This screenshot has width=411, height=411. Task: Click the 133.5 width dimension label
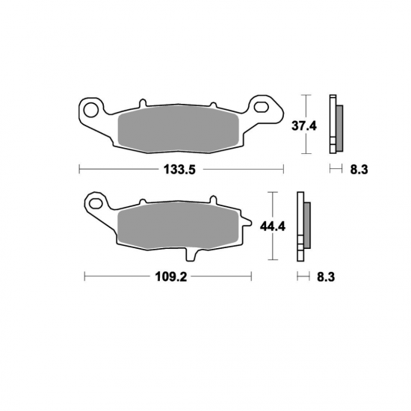click(x=179, y=170)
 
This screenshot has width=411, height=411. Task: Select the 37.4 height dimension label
click(x=304, y=126)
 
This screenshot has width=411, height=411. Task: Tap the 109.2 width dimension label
click(x=171, y=276)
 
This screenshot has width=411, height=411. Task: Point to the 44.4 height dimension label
click(x=273, y=226)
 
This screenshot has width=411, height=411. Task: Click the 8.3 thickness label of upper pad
click(x=359, y=170)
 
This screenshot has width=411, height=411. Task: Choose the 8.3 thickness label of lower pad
click(x=326, y=276)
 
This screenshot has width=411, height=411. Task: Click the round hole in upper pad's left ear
click(x=91, y=110)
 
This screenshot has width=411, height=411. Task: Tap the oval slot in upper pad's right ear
click(x=262, y=107)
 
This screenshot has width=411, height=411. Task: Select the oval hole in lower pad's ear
click(x=96, y=203)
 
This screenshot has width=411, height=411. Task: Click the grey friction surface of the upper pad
click(x=179, y=129)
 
